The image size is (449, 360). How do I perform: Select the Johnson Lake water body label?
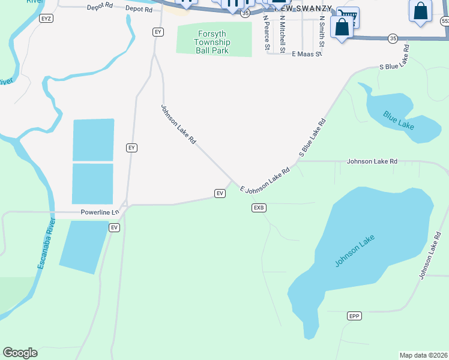(x=355, y=250)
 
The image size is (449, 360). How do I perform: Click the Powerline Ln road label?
(x=100, y=212)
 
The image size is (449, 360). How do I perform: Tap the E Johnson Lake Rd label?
(x=265, y=180)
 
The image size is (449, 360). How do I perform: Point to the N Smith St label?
(x=322, y=32)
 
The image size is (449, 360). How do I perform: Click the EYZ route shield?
(x=46, y=19)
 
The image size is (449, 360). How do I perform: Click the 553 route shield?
(x=445, y=20)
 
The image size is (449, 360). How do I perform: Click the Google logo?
(x=20, y=353)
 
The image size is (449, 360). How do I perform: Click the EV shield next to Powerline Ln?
(x=115, y=227)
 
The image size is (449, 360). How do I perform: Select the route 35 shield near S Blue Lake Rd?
(x=393, y=38)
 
